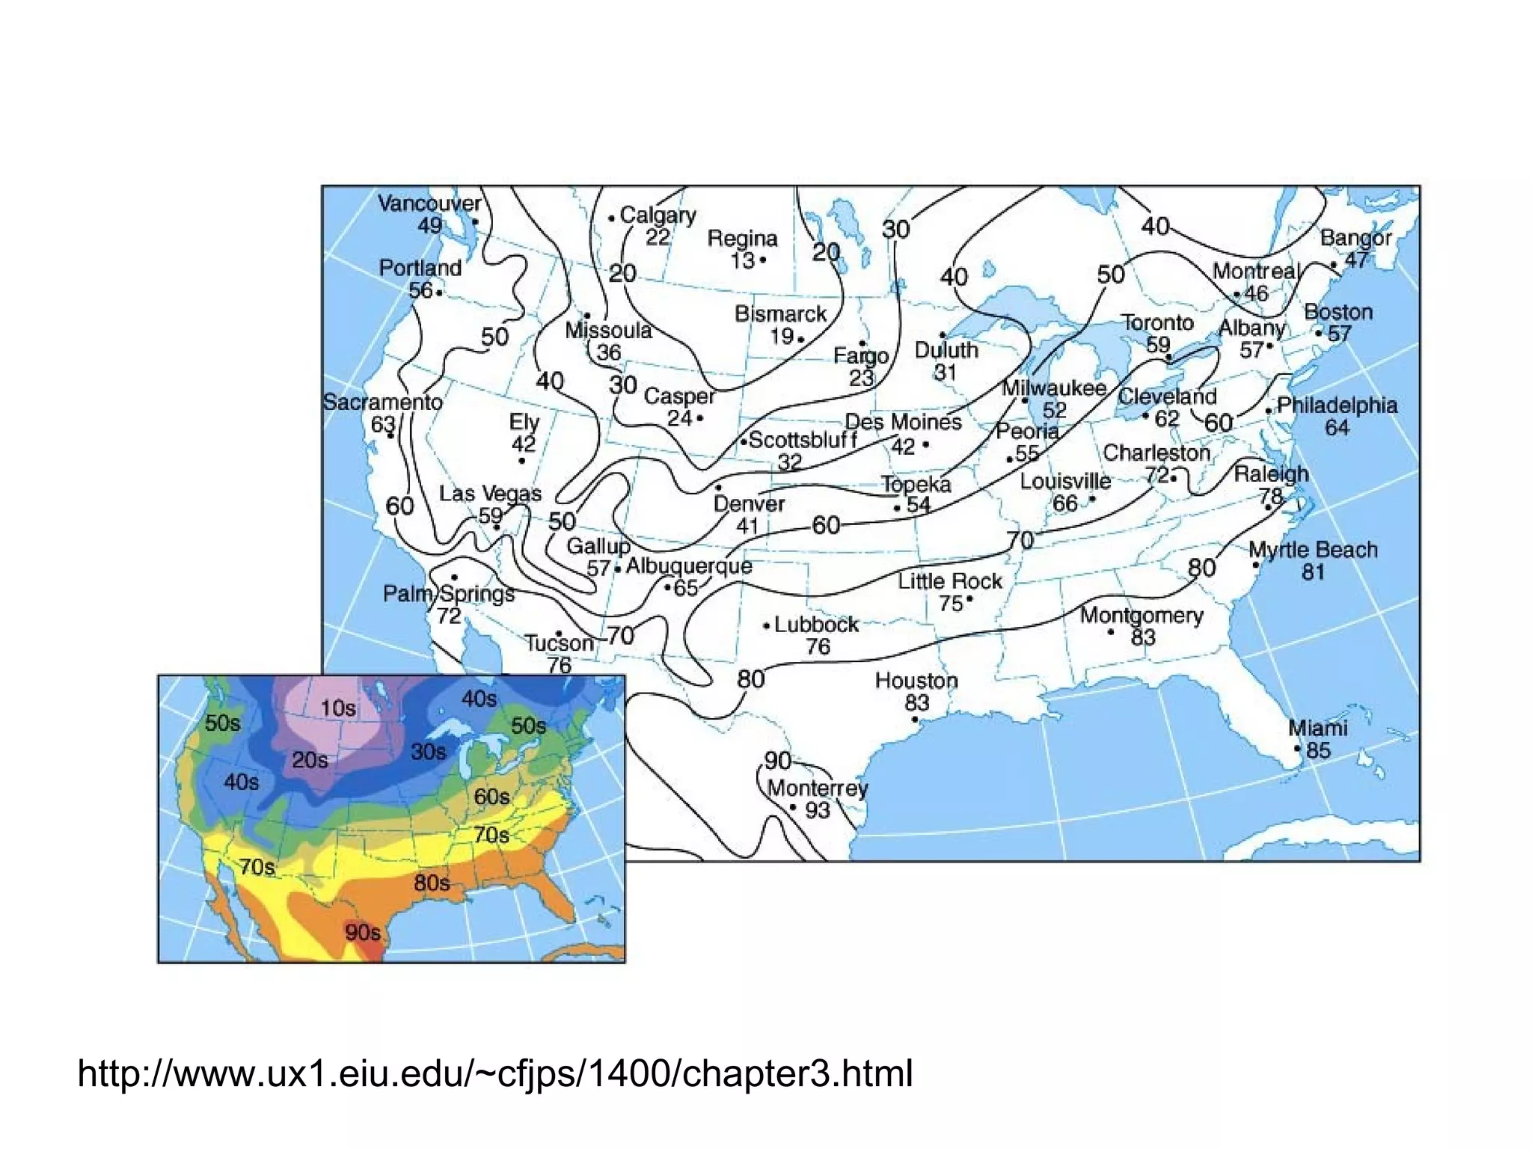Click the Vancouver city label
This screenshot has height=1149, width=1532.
429,203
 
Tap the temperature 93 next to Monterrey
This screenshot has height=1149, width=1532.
817,810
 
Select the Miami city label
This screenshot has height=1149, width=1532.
1317,728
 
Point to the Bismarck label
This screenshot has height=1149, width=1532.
780,313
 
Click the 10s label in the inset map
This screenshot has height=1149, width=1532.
338,708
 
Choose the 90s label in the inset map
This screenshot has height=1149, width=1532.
363,932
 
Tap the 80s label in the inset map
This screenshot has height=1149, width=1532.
432,883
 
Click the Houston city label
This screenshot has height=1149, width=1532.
916,681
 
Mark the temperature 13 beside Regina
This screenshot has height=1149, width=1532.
743,260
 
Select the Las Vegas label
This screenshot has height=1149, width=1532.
490,494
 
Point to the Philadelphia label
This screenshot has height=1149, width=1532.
1337,405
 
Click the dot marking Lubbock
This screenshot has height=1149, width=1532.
767,625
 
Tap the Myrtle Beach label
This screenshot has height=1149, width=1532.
1313,550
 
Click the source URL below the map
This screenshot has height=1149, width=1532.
495,1073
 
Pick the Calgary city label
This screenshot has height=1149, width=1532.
658,215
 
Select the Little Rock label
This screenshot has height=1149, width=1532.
950,581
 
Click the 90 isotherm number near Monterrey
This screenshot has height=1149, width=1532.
778,761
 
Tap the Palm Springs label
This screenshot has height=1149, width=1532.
449,594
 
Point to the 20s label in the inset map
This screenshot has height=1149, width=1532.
310,760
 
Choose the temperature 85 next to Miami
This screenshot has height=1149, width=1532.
1318,750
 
